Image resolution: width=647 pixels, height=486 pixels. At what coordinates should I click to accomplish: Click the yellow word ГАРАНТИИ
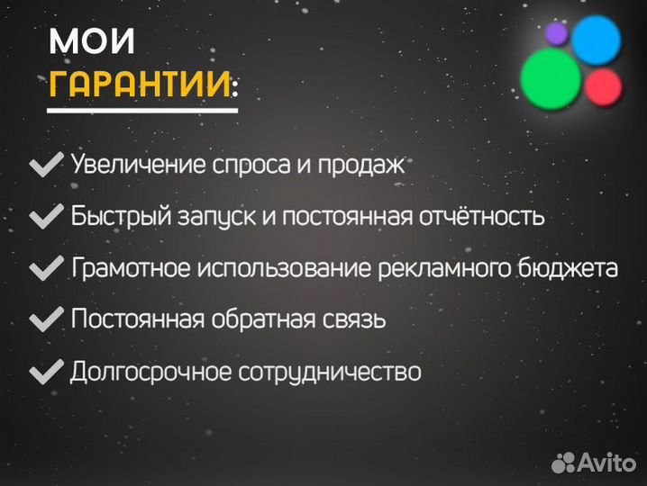(140, 84)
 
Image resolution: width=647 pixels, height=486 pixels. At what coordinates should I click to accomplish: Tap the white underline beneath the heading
(142, 110)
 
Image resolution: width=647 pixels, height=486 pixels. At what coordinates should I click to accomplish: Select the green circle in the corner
(551, 77)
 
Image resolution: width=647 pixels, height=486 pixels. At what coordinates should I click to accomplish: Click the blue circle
(597, 39)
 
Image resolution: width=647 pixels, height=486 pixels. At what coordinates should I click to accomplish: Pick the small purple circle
(556, 33)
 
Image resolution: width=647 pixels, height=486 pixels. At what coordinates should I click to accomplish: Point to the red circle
(603, 87)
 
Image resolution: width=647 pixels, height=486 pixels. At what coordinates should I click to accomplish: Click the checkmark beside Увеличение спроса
(45, 166)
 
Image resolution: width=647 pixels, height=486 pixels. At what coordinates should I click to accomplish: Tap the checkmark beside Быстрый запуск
(45, 217)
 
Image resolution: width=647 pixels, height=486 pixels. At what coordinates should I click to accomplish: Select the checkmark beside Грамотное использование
(45, 268)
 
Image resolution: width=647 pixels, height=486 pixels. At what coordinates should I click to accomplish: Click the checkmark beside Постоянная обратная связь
(45, 319)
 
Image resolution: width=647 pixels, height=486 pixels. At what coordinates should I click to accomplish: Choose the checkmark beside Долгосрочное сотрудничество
(45, 371)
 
